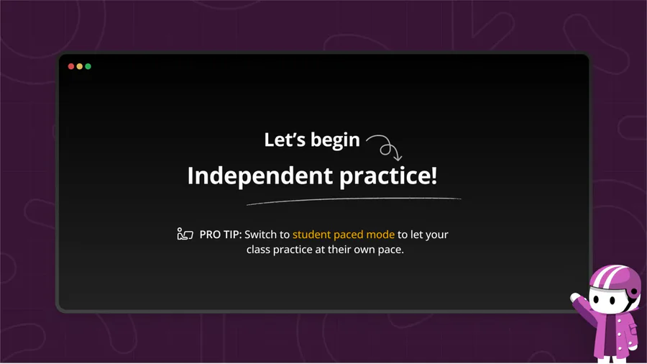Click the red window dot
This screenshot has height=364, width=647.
click(x=71, y=66)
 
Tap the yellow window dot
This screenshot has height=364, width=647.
click(x=80, y=66)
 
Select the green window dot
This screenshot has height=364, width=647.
click(x=88, y=66)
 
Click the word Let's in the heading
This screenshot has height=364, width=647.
click(x=285, y=140)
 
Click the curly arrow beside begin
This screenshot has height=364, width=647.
click(x=384, y=146)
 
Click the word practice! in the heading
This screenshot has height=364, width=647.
click(x=388, y=176)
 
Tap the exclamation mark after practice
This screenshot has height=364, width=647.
click(x=433, y=175)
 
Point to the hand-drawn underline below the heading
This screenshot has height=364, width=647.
click(x=354, y=200)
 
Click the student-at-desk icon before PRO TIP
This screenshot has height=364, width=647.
click(x=185, y=234)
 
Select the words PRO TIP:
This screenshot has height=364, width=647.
click(x=221, y=235)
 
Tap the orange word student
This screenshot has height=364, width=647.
click(x=311, y=235)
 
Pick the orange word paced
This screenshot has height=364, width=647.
click(x=348, y=235)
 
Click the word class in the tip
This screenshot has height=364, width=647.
click(x=258, y=250)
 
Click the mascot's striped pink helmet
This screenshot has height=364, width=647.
click(x=614, y=278)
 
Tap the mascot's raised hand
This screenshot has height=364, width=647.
click(x=576, y=298)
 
